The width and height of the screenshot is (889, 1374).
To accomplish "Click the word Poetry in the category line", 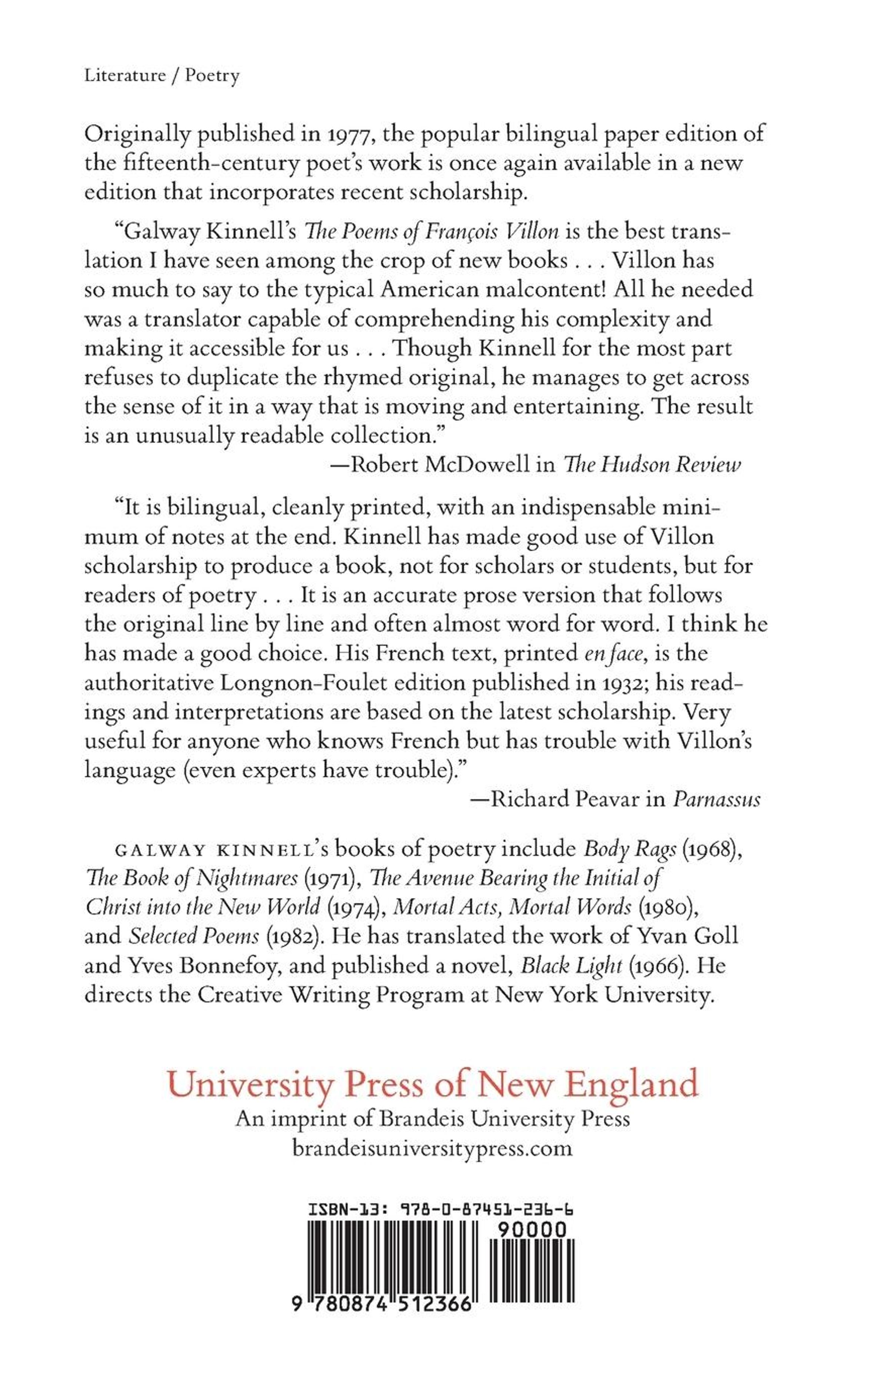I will click(x=212, y=76).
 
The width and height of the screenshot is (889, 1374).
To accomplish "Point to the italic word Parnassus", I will click(x=716, y=799).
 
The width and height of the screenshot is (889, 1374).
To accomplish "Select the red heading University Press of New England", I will click(x=432, y=1084).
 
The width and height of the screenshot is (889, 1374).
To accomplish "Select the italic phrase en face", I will click(x=613, y=653).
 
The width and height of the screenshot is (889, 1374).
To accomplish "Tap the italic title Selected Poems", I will click(x=194, y=936).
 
